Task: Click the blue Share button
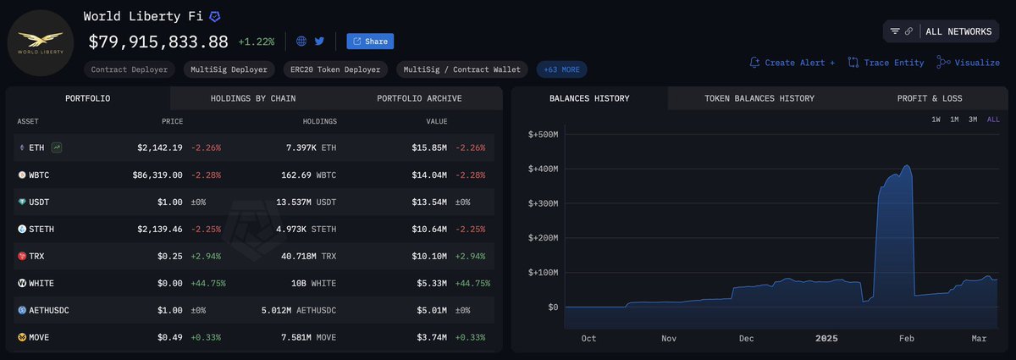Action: [x=370, y=42]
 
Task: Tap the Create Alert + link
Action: [x=792, y=63]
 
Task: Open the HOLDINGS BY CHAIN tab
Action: [x=252, y=98]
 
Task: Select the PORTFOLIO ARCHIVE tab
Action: [x=419, y=98]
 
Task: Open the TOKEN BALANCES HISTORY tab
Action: [x=759, y=98]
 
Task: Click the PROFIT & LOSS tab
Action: [x=929, y=98]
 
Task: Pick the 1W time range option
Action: [x=936, y=119]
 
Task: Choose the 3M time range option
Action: [x=973, y=119]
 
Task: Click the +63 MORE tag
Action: [x=561, y=69]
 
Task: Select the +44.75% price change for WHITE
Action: [x=208, y=283]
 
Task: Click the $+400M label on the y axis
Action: [x=543, y=169]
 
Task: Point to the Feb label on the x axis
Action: [x=906, y=338]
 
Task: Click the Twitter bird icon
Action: [x=319, y=41]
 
